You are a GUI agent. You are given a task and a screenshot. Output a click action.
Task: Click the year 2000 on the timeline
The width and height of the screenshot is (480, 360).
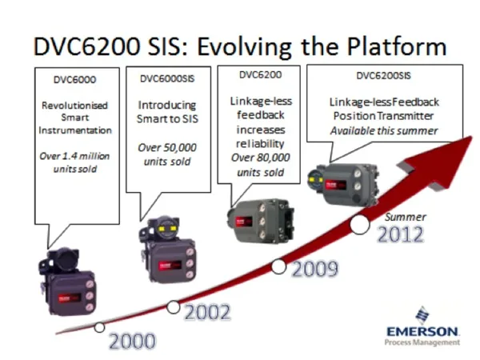tap(132, 342)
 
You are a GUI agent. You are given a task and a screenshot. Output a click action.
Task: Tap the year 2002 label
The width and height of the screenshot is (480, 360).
tap(207, 313)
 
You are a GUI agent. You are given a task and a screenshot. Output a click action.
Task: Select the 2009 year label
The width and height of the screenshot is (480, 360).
tap(315, 269)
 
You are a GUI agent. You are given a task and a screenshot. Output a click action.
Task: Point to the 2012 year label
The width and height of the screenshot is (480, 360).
tap(401, 234)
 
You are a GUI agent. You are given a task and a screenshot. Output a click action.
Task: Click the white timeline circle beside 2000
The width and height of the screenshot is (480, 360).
tap(99, 327)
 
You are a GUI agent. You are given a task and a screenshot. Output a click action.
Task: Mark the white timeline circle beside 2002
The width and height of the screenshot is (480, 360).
tap(174, 307)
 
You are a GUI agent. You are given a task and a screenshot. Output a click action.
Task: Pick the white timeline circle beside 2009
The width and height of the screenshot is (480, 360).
tap(278, 266)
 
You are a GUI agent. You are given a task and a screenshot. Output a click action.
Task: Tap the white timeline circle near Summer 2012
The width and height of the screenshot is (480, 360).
tap(360, 224)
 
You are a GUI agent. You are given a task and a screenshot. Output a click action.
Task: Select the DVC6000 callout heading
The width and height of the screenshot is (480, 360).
tap(75, 79)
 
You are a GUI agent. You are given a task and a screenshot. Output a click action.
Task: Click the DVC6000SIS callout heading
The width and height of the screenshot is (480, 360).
tap(167, 78)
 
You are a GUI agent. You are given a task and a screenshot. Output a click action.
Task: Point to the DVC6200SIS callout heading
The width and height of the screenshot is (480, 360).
tap(383, 76)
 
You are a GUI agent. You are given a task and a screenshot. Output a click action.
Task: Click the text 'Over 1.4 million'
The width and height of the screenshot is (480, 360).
tap(74, 156)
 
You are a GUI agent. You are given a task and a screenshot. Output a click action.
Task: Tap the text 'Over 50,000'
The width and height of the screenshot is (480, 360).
tap(167, 147)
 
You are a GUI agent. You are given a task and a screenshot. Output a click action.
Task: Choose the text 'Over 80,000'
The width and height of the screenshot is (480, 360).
tap(261, 158)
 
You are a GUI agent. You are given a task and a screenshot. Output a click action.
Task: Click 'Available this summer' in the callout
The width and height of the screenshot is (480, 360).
tap(384, 131)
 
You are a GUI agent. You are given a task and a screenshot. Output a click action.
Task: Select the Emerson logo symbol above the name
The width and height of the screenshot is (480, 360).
tap(422, 315)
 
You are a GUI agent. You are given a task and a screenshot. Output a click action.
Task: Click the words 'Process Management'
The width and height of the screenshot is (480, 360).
tap(422, 342)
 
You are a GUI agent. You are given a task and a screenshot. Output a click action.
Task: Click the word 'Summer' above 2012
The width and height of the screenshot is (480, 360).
tap(406, 217)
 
